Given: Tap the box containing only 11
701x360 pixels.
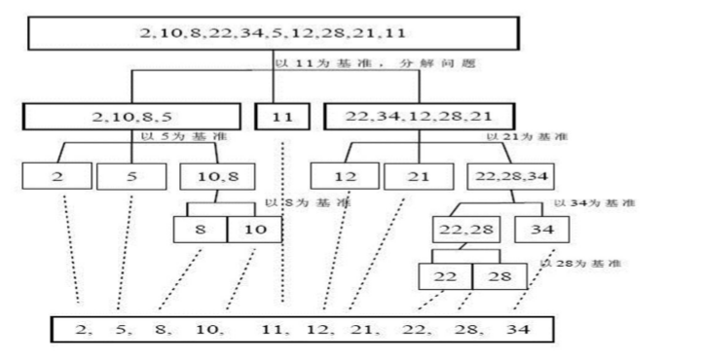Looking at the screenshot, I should pyautogui.click(x=281, y=117).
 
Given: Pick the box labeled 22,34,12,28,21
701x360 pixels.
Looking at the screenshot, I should pyautogui.click(x=420, y=117).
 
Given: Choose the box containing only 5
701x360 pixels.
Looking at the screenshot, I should pyautogui.click(x=130, y=176).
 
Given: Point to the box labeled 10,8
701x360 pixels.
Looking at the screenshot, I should pyautogui.click(x=216, y=176).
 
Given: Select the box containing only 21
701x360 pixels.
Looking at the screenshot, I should pyautogui.click(x=419, y=176).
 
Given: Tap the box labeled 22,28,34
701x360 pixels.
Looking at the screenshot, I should pyautogui.click(x=506, y=176).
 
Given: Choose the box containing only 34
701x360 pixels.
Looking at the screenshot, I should pyautogui.click(x=543, y=229).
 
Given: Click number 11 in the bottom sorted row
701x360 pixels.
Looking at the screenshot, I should pyautogui.click(x=276, y=328).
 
